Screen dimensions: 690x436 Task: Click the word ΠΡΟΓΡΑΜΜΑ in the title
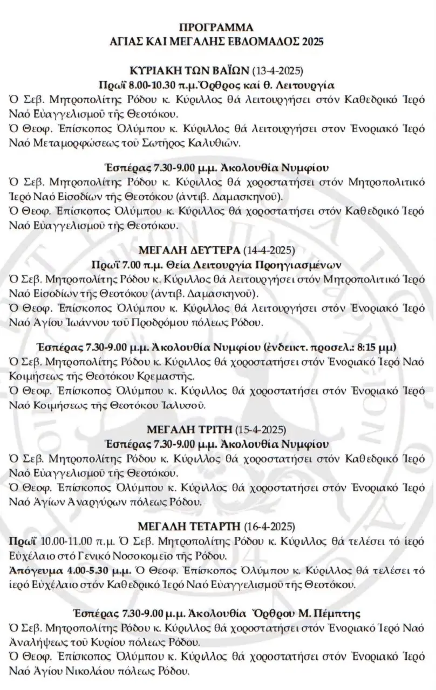point(217,28)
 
